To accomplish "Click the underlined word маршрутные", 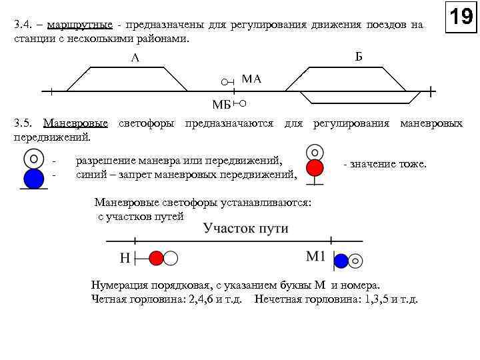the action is [75, 25].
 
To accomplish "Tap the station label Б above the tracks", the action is [359, 56].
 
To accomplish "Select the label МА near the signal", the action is [251, 79].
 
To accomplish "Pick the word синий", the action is [91, 175].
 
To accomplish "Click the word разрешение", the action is [105, 161].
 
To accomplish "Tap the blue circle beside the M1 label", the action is [341, 261].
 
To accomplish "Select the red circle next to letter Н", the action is [156, 258].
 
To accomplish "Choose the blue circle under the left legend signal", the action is [33, 179].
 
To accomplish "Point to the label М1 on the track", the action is [315, 257].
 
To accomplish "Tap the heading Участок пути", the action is [246, 228].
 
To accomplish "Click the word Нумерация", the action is [118, 285].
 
